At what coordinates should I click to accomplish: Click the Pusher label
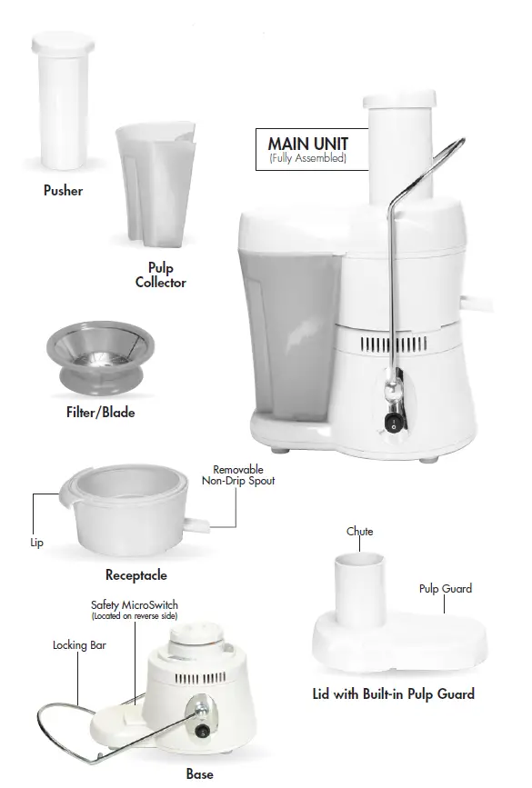63,192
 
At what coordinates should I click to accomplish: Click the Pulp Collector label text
160,275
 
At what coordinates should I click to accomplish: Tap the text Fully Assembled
307,159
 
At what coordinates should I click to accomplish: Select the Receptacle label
136,575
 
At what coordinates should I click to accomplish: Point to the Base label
199,774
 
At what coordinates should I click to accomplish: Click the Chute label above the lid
359,532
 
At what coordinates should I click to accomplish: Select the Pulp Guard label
445,589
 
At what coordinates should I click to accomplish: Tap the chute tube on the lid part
359,590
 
